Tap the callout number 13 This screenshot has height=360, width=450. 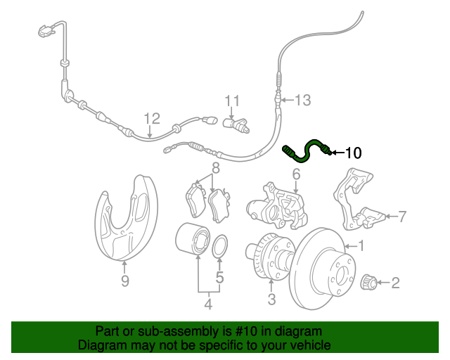click(302, 101)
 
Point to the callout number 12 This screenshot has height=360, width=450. click(152, 118)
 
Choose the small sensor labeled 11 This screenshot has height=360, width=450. click(237, 125)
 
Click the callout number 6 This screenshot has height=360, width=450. click(296, 173)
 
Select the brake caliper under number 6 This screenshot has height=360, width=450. click(276, 205)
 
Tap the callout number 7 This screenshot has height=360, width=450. click(402, 217)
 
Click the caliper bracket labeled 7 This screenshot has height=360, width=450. click(359, 204)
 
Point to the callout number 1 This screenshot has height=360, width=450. click(362, 246)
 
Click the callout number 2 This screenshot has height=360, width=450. click(395, 283)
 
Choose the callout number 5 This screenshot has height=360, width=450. click(219, 278)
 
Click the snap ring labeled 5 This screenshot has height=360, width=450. click(219, 246)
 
